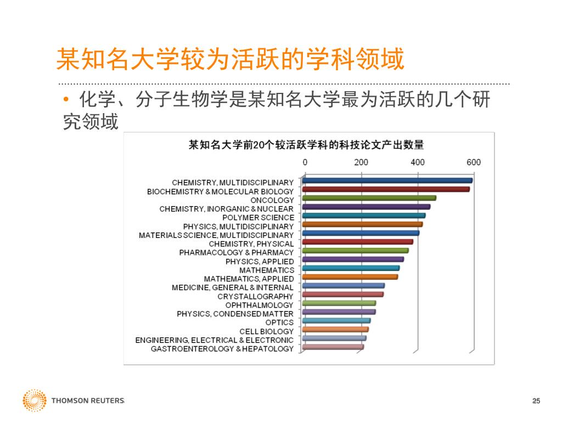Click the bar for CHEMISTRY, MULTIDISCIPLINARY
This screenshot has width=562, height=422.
[387, 180]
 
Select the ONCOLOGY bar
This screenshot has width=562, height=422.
[369, 198]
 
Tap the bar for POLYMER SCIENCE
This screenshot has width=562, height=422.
[363, 215]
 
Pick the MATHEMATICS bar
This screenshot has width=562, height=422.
[351, 268]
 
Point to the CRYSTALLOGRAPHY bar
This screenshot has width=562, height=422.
[342, 295]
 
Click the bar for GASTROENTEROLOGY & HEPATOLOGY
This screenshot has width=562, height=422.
[333, 347]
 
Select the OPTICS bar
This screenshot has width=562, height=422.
[336, 320]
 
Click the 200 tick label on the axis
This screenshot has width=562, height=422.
[361, 162]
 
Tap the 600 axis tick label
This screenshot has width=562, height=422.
[474, 162]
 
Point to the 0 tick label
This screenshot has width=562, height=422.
[305, 162]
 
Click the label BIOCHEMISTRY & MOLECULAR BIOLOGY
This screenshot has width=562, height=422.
[220, 191]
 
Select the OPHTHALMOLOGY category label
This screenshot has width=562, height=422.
[259, 305]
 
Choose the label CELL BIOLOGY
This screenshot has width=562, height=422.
[266, 331]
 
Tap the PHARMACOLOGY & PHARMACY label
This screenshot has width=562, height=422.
[236, 252]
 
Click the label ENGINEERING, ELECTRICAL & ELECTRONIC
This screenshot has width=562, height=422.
[214, 340]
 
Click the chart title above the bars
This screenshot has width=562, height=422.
[306, 145]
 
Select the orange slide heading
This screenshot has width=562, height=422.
[231, 59]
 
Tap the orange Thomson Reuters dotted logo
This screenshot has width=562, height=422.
[34, 401]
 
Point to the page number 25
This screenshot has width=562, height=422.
[536, 401]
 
